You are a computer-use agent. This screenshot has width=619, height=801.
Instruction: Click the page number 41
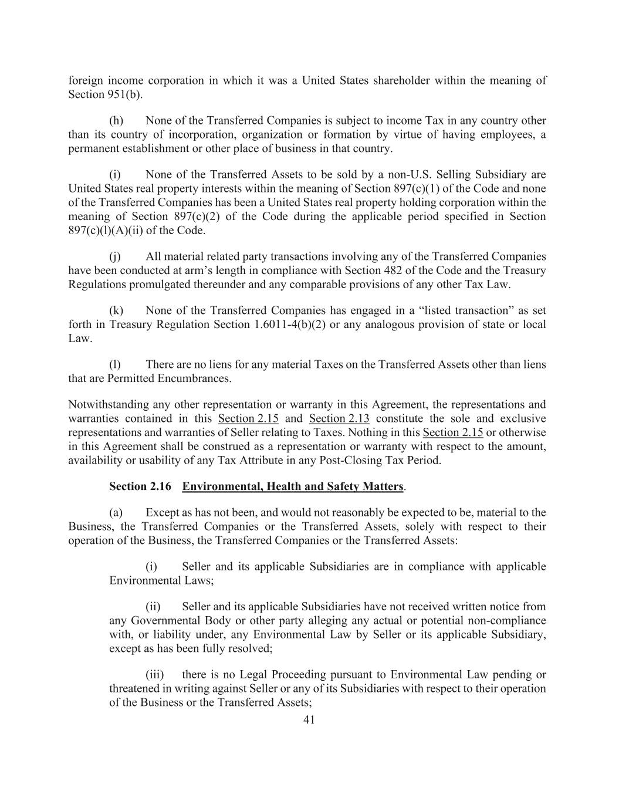tap(309, 720)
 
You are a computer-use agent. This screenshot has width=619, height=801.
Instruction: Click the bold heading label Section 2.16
tap(140, 486)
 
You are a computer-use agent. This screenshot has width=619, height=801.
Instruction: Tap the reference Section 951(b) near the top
tap(105, 94)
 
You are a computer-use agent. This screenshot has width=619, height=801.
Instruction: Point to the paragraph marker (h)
tap(116, 121)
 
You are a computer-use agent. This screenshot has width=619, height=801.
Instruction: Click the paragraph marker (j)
tap(115, 257)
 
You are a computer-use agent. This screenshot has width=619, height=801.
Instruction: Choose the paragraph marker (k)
tap(116, 311)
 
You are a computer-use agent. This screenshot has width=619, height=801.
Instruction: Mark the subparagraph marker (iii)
tap(155, 675)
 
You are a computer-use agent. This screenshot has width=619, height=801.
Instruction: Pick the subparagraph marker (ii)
tap(153, 607)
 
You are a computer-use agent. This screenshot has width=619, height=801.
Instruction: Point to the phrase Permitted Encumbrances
tap(169, 378)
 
